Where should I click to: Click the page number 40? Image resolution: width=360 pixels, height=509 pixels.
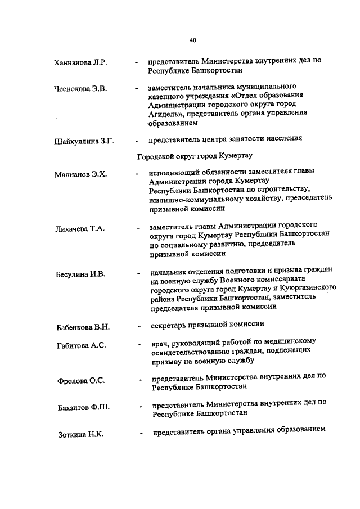193,40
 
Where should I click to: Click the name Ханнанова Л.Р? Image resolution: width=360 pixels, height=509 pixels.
80,62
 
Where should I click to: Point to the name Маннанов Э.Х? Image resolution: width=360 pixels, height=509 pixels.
81,174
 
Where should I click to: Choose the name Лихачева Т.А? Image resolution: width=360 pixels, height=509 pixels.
80,229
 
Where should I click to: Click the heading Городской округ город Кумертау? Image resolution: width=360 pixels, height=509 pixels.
195,156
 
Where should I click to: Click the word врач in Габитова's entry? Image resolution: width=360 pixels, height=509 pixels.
159,341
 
